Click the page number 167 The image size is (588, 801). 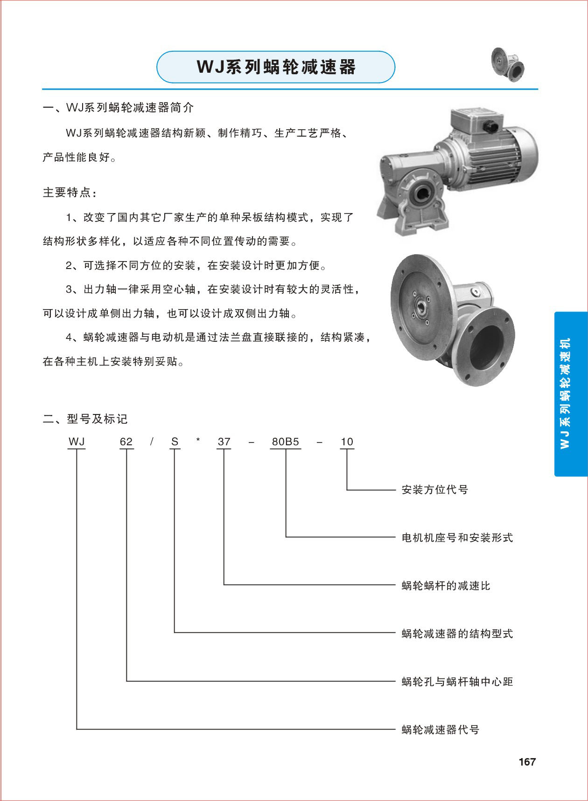(527, 762)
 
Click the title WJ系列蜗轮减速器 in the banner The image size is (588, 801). (276, 67)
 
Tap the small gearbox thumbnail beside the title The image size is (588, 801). (507, 63)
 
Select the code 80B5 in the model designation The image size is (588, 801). (285, 441)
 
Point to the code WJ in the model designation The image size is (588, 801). (77, 441)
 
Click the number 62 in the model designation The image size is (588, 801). (126, 441)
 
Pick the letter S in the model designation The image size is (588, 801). (175, 441)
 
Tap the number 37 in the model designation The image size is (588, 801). (224, 441)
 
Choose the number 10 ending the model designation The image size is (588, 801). (347, 441)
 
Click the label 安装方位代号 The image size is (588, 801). (434, 490)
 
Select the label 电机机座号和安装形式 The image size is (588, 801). (457, 538)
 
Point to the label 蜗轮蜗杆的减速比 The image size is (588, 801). (446, 586)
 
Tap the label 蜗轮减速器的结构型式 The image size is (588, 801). (457, 634)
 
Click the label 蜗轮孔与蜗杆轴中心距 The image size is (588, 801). (457, 682)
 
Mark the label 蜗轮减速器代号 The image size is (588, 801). (440, 730)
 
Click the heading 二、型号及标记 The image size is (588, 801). (85, 419)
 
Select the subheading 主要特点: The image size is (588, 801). (70, 193)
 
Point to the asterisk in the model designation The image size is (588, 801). (198, 440)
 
